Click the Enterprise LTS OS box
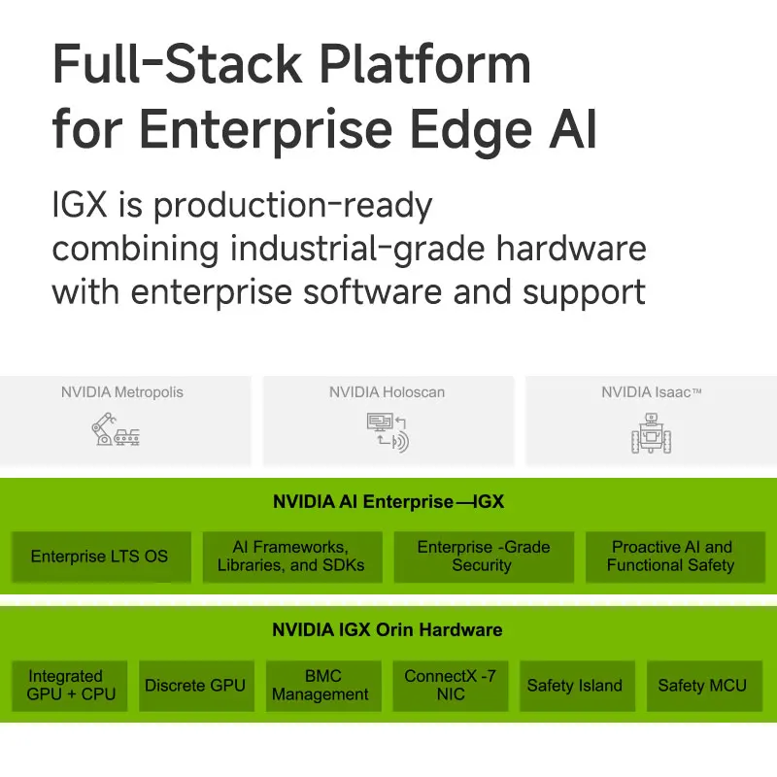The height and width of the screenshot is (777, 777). (99, 557)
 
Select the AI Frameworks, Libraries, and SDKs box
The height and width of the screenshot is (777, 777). (291, 557)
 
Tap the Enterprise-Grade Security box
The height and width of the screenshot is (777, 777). (483, 557)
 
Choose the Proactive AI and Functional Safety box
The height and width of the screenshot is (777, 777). (671, 557)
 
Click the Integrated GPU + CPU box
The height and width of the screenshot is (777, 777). (71, 685)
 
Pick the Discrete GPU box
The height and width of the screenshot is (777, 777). (194, 685)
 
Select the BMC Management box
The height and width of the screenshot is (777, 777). (321, 685)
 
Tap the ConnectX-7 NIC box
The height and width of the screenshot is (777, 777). (450, 685)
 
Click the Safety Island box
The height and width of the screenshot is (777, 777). (574, 685)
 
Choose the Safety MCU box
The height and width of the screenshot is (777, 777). (702, 685)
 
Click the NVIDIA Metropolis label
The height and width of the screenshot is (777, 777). (122, 392)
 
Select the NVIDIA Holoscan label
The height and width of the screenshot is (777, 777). (387, 392)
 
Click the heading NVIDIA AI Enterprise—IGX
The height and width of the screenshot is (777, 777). (388, 502)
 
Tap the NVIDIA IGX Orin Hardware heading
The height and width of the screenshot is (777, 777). (388, 629)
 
